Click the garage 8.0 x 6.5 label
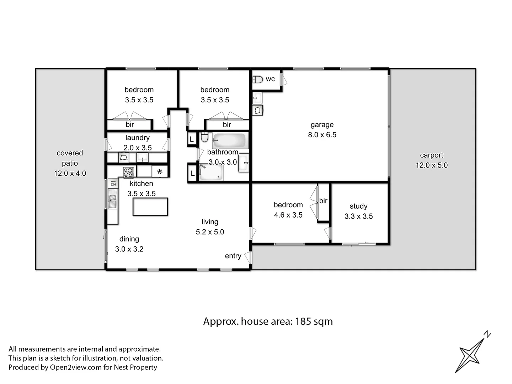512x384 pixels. pos(322,130)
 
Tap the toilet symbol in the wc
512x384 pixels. pos(257,79)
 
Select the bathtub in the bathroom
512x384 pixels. pos(230,141)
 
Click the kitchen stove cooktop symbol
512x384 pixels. pos(128,172)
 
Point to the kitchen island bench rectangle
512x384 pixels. pos(150,207)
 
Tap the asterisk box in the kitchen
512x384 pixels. pos(160,172)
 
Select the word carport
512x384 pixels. pos(431,155)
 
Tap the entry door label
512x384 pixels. pos(233,256)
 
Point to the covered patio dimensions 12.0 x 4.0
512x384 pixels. pos(70,174)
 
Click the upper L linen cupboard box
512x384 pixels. pos(192,139)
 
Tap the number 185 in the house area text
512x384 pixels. pos(303,321)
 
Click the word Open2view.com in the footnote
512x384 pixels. pos(76,367)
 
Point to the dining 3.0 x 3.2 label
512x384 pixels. pos(129,244)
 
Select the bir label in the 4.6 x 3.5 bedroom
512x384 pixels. pos(323,201)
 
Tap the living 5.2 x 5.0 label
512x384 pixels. pos(210,227)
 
